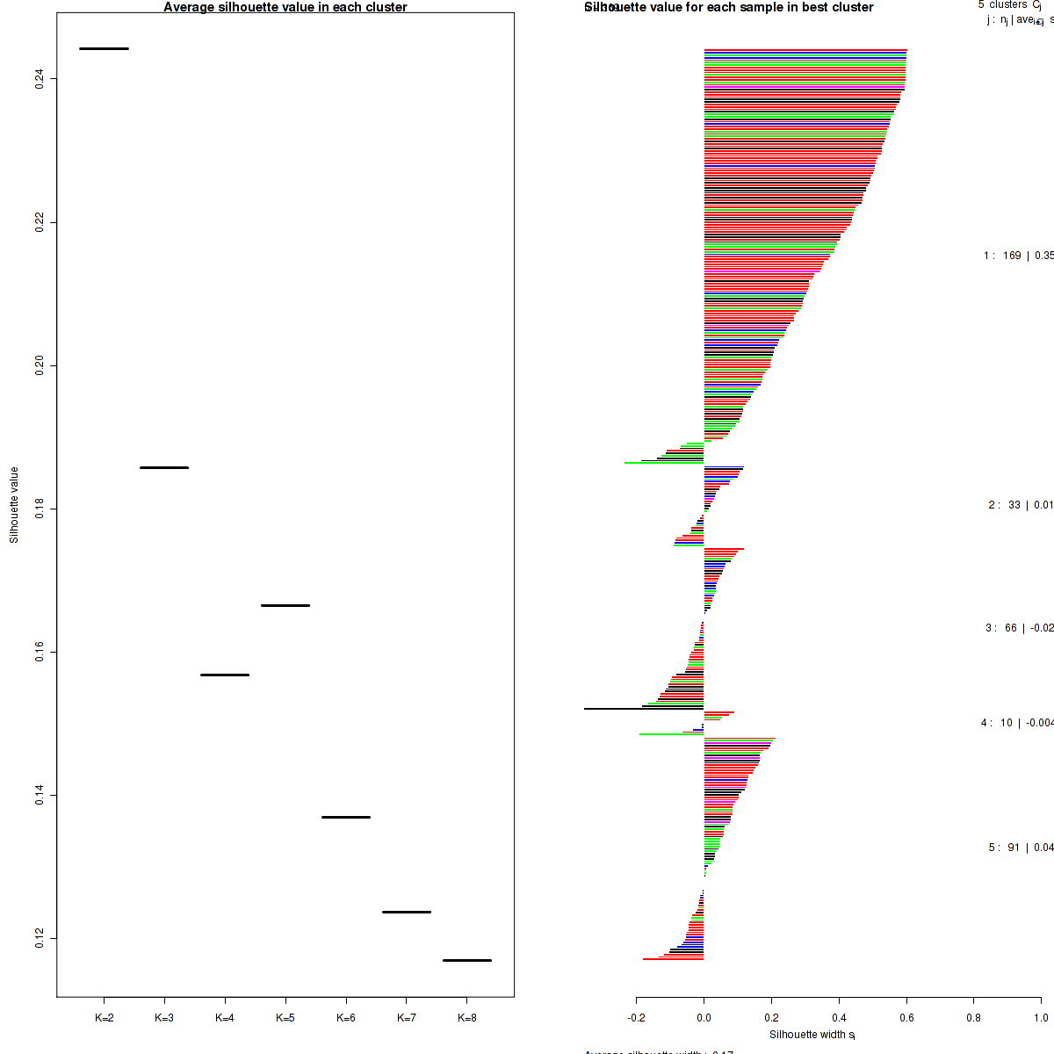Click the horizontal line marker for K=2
point(104,48)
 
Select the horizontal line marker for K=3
point(164,467)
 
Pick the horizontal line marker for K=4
point(225,675)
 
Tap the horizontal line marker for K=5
point(285,605)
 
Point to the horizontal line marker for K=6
point(346,817)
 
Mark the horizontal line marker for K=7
point(407,912)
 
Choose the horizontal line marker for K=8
point(467,960)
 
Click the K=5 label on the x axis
point(285,1019)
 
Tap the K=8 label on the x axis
point(467,1019)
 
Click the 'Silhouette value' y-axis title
point(14,505)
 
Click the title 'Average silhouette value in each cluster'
point(285,7)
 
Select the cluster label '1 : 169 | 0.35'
point(1018,256)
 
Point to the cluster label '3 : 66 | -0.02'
point(1019,628)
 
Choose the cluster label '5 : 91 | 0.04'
point(1021,848)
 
